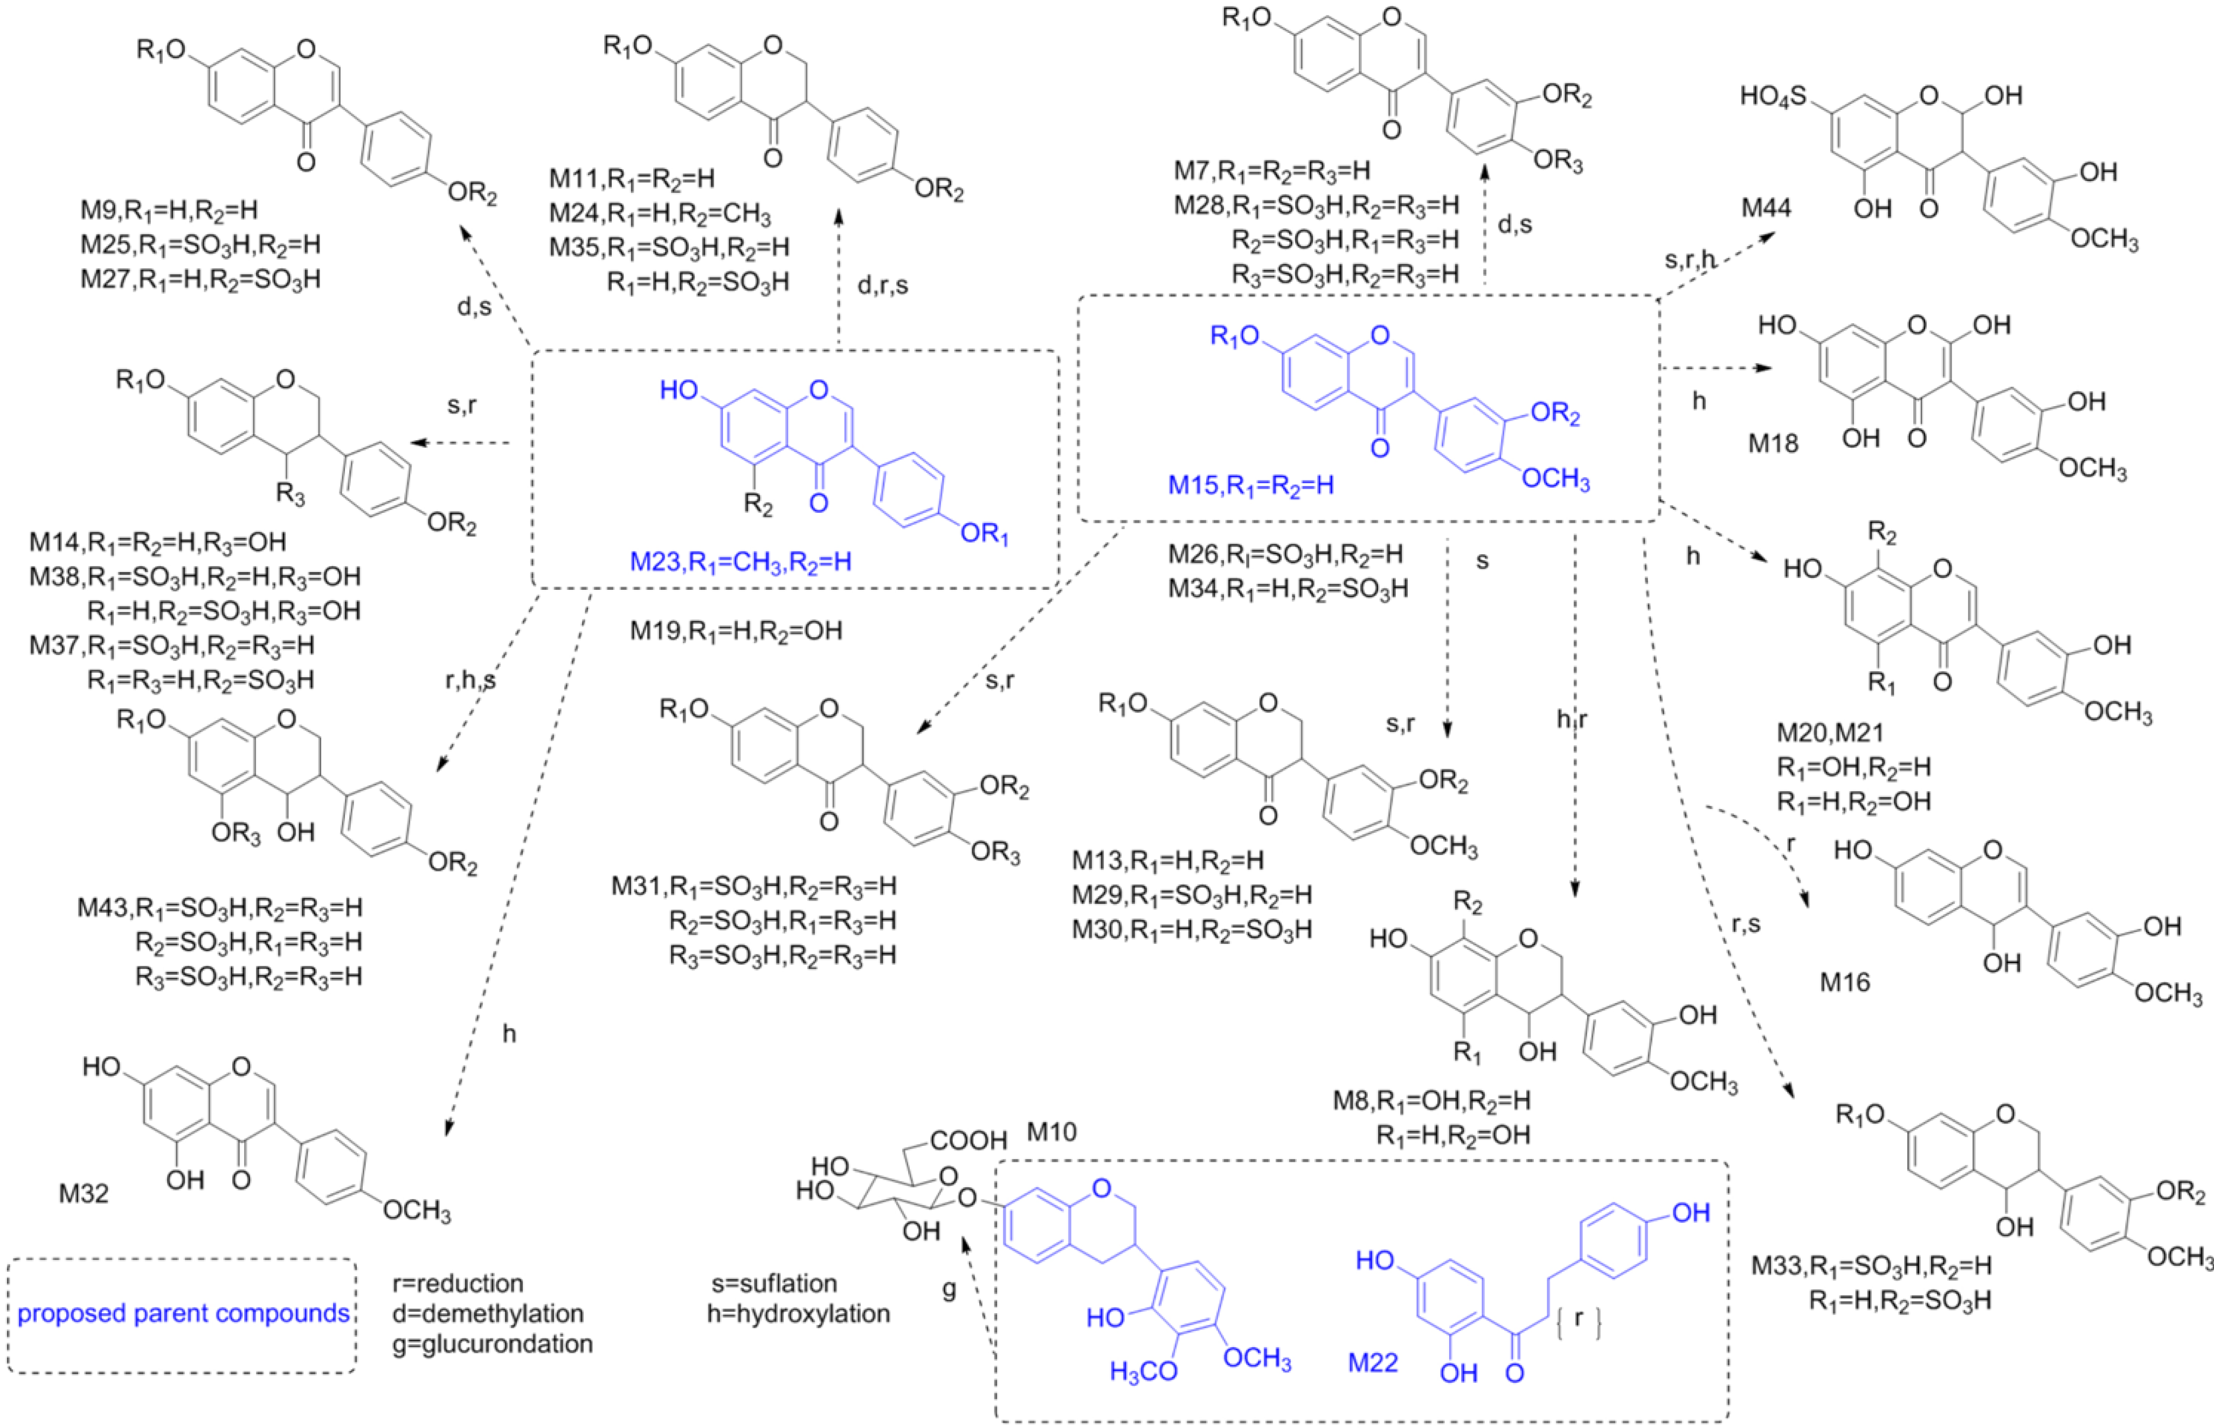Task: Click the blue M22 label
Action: point(1373,1363)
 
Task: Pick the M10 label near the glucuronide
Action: point(1052,1132)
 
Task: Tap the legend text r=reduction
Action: point(458,1283)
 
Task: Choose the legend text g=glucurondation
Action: point(493,1343)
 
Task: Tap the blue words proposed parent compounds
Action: point(184,1314)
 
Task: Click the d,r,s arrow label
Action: point(882,285)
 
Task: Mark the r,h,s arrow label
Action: point(471,681)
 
